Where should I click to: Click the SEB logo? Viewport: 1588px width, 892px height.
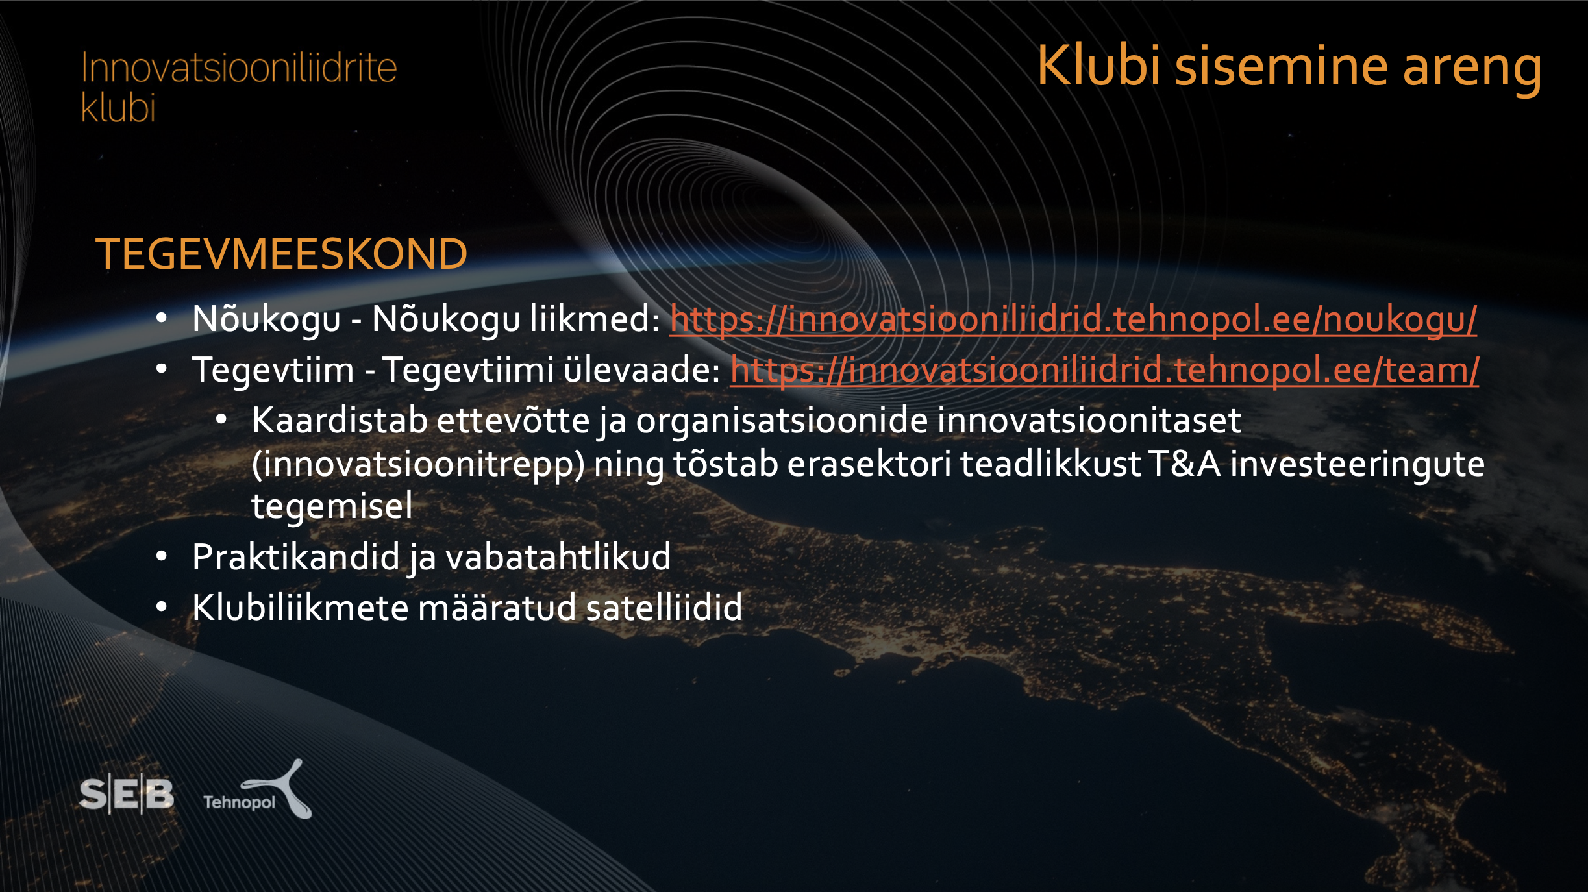click(x=127, y=794)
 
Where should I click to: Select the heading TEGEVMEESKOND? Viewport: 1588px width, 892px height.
click(x=281, y=253)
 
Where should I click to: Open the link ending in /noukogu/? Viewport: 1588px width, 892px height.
click(x=1073, y=319)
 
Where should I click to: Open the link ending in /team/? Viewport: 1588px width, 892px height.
click(x=1104, y=370)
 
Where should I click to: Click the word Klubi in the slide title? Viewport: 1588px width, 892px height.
click(x=1098, y=66)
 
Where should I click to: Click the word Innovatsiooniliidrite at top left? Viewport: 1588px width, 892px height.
click(x=239, y=68)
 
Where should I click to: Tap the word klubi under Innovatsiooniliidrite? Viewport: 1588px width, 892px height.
click(x=118, y=107)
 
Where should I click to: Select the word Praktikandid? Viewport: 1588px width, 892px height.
click(x=296, y=557)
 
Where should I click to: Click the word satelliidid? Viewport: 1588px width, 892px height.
click(x=664, y=607)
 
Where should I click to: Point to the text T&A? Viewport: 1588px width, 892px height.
click(x=1184, y=464)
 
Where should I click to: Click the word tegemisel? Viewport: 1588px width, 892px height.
click(x=332, y=506)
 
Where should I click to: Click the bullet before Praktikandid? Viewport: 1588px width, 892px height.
click(x=162, y=556)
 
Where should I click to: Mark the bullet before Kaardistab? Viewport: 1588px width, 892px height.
click(x=221, y=419)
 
